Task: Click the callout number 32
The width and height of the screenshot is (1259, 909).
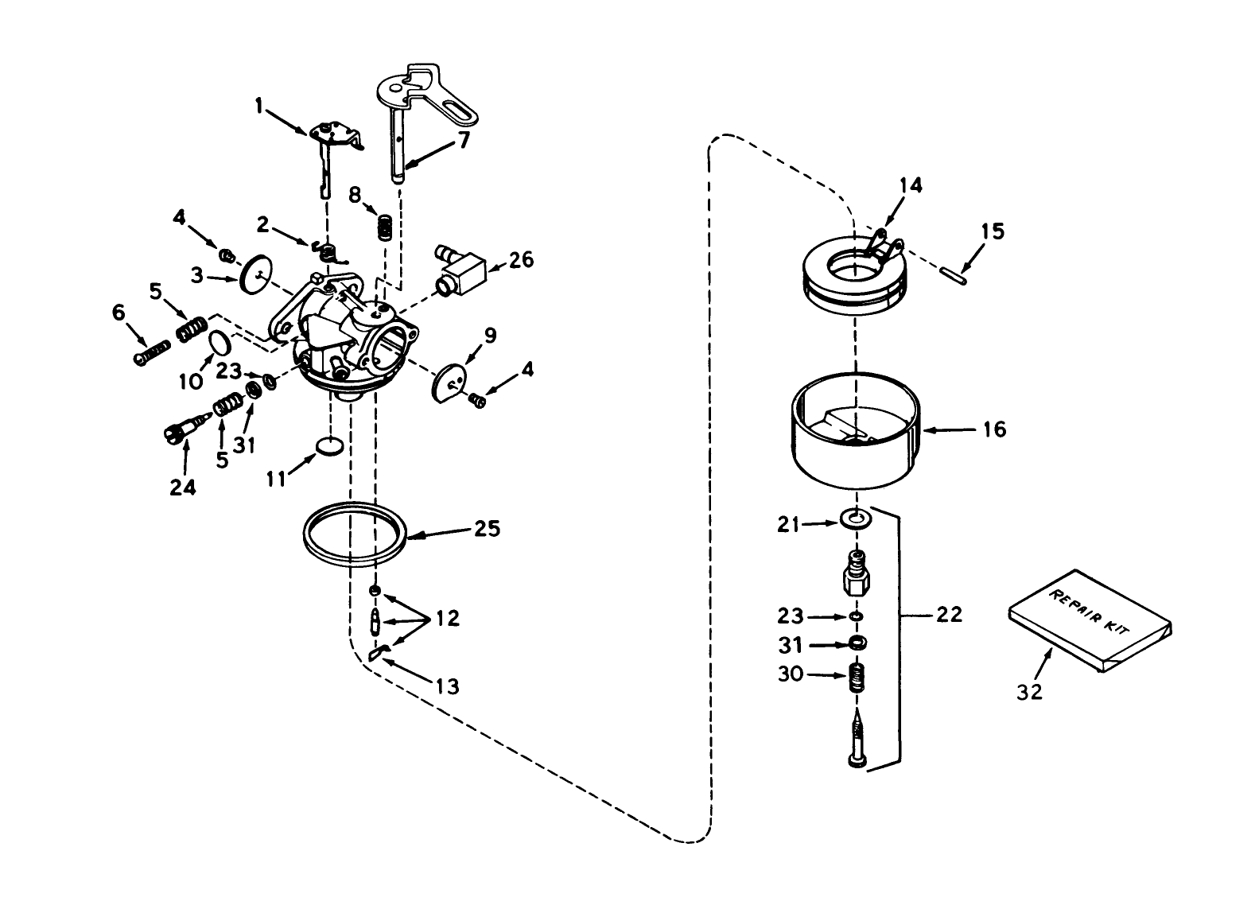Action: [x=1029, y=692]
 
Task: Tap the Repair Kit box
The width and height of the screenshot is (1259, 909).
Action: [x=1090, y=621]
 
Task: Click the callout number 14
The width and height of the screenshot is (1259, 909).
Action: [x=911, y=185]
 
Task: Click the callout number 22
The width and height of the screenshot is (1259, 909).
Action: [x=950, y=614]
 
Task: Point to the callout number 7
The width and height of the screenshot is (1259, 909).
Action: [x=463, y=140]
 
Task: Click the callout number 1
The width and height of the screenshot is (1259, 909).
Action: [x=258, y=104]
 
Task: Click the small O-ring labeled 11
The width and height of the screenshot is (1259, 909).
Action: [x=329, y=445]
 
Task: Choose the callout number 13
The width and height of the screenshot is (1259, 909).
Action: [x=448, y=686]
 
